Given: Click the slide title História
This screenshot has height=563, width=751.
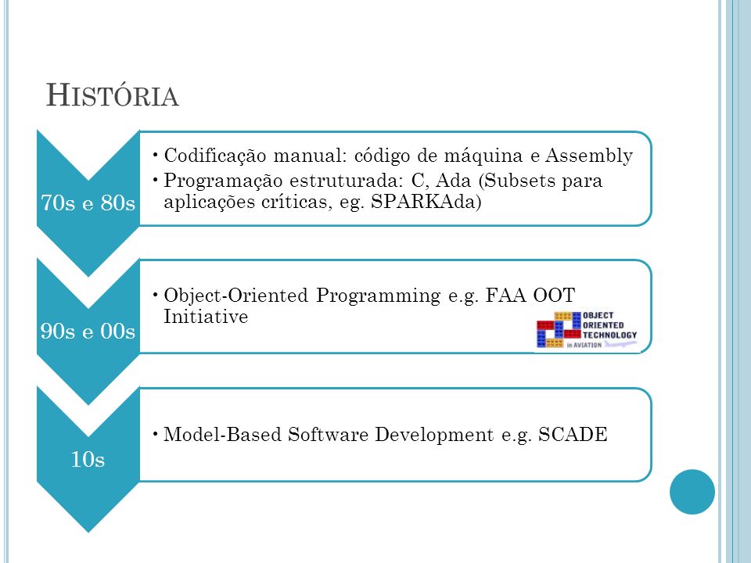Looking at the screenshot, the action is pyautogui.click(x=113, y=95).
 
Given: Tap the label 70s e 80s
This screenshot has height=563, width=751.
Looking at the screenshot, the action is pyautogui.click(x=88, y=203).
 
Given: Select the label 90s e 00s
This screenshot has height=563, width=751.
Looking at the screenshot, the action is pyautogui.click(x=88, y=331).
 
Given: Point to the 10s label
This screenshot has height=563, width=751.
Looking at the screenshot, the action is pyautogui.click(x=88, y=459).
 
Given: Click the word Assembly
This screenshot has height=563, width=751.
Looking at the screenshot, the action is pyautogui.click(x=589, y=156).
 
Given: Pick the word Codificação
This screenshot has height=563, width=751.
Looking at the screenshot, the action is pyautogui.click(x=214, y=156).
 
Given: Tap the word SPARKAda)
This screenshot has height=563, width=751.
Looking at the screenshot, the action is pyautogui.click(x=426, y=202).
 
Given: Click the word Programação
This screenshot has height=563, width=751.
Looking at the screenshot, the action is pyautogui.click(x=223, y=181).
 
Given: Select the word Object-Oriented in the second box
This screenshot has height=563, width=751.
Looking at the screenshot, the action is pyautogui.click(x=235, y=296).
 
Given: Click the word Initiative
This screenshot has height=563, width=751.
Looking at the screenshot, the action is pyautogui.click(x=206, y=317).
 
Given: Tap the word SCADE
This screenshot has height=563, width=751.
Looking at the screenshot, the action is pyautogui.click(x=573, y=434).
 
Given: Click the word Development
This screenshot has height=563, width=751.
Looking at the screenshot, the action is pyautogui.click(x=434, y=436).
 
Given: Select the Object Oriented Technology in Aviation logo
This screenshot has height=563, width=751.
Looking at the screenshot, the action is pyautogui.click(x=588, y=329).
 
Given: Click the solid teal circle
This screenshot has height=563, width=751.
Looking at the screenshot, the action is pyautogui.click(x=692, y=492).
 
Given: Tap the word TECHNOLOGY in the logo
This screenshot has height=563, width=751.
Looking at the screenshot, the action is pyautogui.click(x=609, y=335).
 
